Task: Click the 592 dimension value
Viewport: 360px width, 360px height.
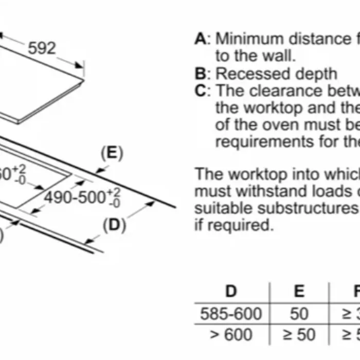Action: tap(42, 48)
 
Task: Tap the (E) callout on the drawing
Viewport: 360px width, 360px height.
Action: tap(112, 154)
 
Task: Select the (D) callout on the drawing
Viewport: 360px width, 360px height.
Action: tap(114, 225)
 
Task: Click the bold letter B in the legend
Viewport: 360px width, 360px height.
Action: tap(201, 74)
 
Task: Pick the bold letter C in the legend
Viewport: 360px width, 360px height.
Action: tap(201, 91)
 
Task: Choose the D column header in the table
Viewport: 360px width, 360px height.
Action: tap(231, 291)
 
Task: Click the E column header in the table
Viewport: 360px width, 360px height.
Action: tap(299, 291)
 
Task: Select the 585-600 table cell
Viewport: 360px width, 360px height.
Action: tap(231, 313)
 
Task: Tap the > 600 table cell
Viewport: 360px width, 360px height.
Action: tap(231, 335)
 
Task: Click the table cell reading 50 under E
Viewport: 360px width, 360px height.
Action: tap(299, 313)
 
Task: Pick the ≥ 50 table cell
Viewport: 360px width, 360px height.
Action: tap(299, 335)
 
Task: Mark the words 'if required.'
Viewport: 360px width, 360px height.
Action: tap(233, 225)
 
